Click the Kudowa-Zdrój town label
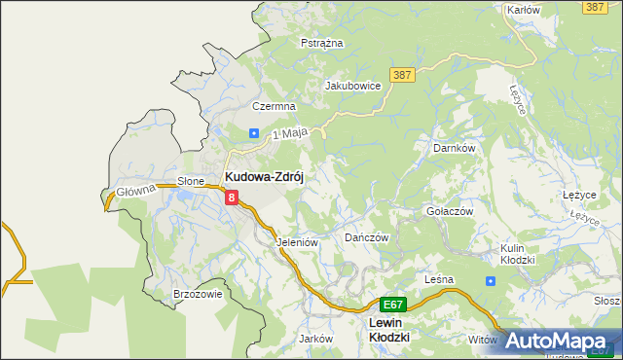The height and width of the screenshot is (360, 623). click(266, 177)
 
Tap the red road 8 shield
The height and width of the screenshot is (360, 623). click(232, 198)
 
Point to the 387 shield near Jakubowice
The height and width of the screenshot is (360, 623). click(401, 74)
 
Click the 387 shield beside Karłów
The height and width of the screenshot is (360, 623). click(596, 7)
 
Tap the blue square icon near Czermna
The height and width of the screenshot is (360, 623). click(253, 133)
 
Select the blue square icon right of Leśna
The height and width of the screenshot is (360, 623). click(490, 280)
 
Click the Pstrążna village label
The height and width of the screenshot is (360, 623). click(320, 44)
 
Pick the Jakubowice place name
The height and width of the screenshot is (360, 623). click(352, 86)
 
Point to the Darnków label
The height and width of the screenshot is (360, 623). click(453, 148)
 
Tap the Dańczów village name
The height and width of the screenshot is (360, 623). click(367, 237)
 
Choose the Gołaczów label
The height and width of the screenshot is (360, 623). click(450, 211)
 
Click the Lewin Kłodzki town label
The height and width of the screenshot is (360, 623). click(388, 329)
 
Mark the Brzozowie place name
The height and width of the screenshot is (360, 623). click(198, 293)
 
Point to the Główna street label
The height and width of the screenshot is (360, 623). click(136, 191)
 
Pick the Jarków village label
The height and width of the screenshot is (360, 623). click(316, 339)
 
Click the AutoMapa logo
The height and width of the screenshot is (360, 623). click(563, 342)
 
